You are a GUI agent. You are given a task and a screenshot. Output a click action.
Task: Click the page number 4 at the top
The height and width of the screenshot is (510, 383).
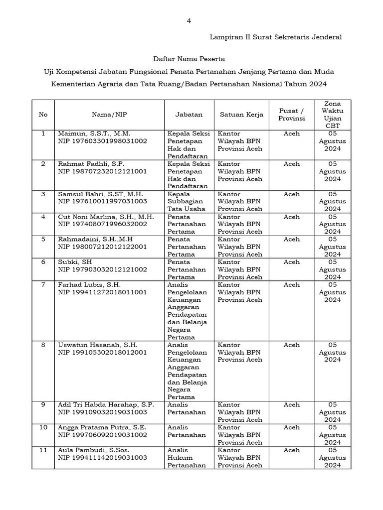point(189,21)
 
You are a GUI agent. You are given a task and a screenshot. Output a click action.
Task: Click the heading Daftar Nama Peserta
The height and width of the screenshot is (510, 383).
point(189,59)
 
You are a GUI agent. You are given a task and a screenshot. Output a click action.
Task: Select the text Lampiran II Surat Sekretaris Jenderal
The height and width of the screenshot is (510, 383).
point(275,37)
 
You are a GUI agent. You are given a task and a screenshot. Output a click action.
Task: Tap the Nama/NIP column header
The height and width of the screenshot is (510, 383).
point(110,115)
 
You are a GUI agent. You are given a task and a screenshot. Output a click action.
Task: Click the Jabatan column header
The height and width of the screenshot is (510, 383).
point(189,115)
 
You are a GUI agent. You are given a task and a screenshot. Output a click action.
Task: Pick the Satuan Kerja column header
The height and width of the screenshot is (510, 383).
point(241,115)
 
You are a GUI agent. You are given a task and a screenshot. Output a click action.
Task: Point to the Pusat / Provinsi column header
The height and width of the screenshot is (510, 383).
point(291,115)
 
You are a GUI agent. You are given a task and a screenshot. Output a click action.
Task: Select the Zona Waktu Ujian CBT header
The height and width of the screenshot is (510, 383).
point(332,115)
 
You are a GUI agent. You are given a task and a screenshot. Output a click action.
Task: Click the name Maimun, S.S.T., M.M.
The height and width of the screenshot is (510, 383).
point(93,133)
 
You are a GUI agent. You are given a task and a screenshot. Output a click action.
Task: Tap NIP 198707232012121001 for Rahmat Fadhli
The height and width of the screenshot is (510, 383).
point(102,171)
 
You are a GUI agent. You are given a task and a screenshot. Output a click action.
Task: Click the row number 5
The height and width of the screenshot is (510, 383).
point(43,239)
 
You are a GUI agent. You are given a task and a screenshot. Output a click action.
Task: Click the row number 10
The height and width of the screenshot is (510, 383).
point(43,427)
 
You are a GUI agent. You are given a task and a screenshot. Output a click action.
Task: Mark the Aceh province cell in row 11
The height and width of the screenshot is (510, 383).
point(291,450)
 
